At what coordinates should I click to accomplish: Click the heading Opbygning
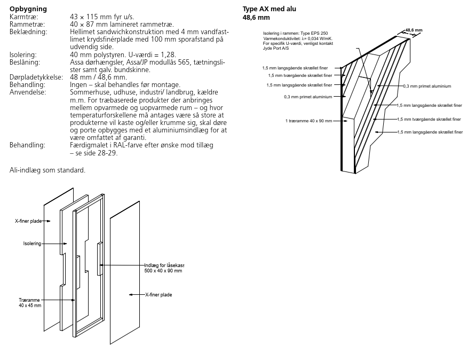(x=28, y=9)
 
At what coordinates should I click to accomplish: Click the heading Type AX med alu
(x=269, y=9)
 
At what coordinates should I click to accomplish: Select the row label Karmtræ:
(x=24, y=17)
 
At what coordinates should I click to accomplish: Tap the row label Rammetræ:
(x=27, y=25)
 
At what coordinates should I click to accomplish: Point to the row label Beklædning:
(x=28, y=32)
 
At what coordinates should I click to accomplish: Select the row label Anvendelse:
(x=28, y=92)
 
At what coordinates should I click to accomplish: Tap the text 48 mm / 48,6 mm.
(x=99, y=77)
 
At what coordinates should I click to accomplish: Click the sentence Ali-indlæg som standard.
(x=47, y=170)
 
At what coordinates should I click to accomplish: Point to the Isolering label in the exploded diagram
(x=32, y=244)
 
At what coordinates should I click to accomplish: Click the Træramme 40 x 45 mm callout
(x=30, y=303)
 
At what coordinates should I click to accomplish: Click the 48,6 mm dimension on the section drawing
(x=414, y=30)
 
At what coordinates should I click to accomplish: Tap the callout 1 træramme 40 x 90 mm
(x=308, y=121)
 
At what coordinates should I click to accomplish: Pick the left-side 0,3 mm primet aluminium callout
(x=308, y=97)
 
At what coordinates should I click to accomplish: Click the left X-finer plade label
(x=29, y=221)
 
